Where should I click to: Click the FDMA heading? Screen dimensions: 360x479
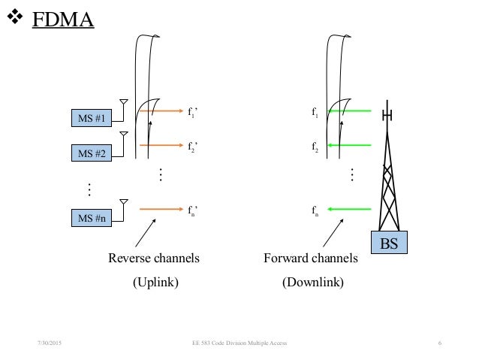pos(62,19)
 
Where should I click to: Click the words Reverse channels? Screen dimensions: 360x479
pos(154,259)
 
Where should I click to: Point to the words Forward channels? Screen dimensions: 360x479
pos(311,259)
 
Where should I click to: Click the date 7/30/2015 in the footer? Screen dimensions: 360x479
pos(50,343)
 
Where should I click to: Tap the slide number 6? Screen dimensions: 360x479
pos(439,343)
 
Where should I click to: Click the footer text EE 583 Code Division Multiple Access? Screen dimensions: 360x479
pos(239,343)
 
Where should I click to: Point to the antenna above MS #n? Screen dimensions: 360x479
pos(124,204)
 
